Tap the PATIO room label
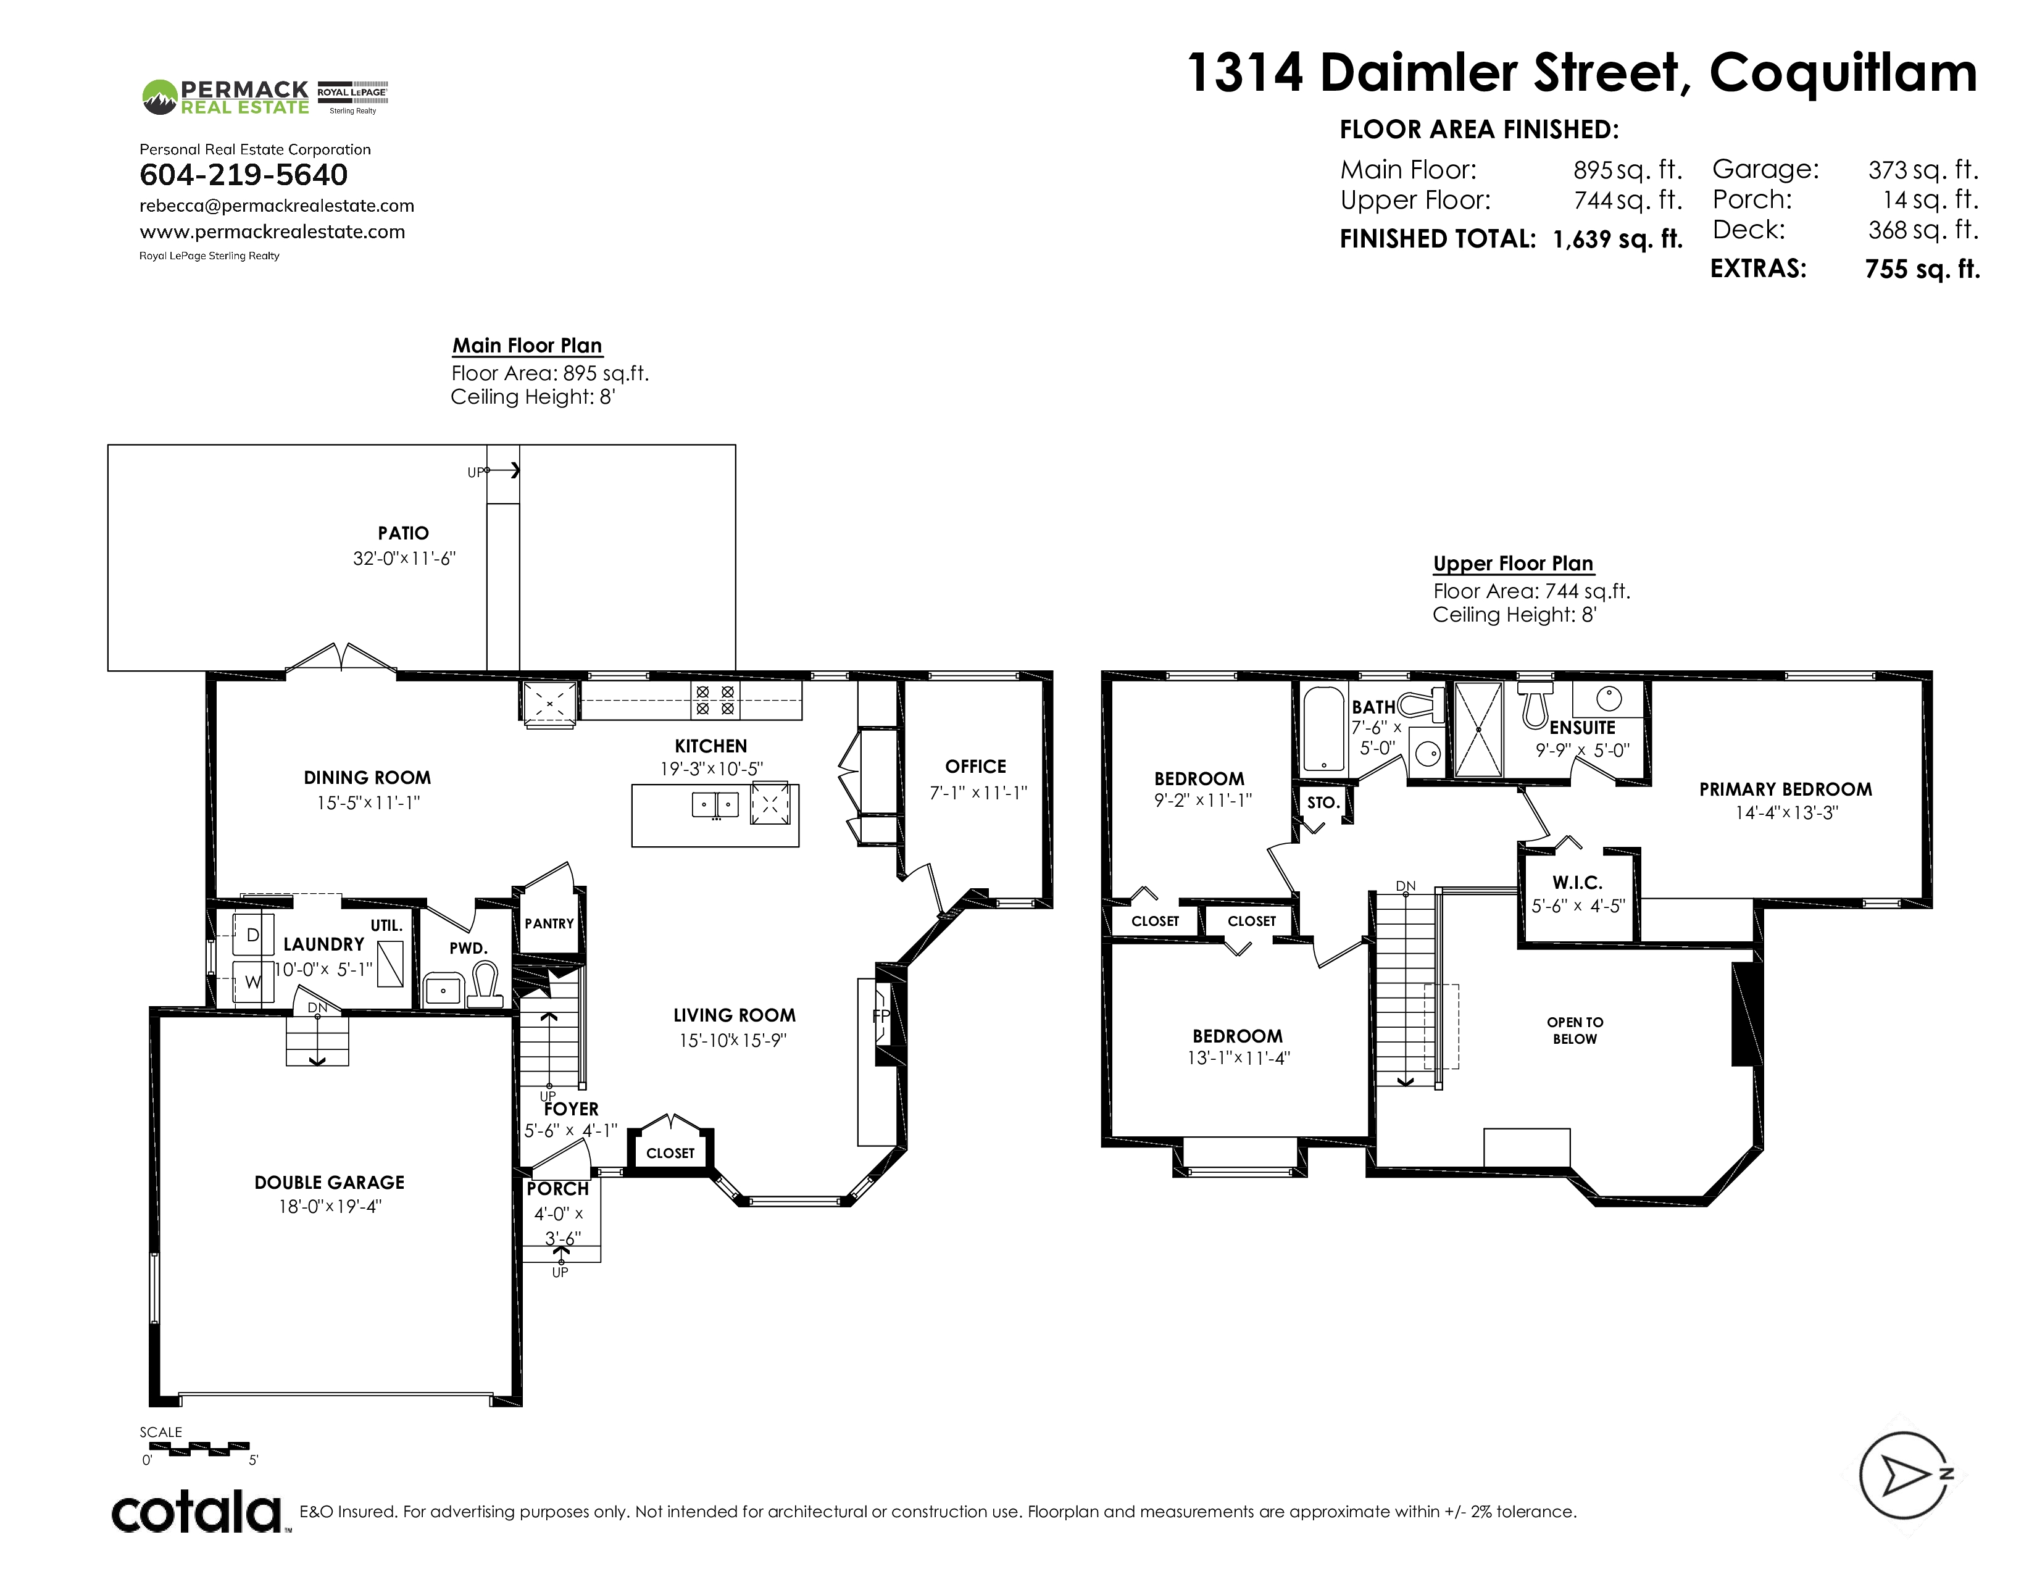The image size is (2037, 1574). [403, 533]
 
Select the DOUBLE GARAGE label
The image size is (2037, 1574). [329, 1183]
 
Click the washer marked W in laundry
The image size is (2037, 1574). [252, 982]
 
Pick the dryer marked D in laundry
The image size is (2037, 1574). [252, 935]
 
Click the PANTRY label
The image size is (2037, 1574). [549, 923]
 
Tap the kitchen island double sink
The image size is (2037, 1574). [715, 804]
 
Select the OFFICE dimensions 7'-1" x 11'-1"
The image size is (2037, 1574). [978, 793]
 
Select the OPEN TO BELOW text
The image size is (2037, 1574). [1575, 1030]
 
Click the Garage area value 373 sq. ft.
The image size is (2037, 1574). [1923, 170]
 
